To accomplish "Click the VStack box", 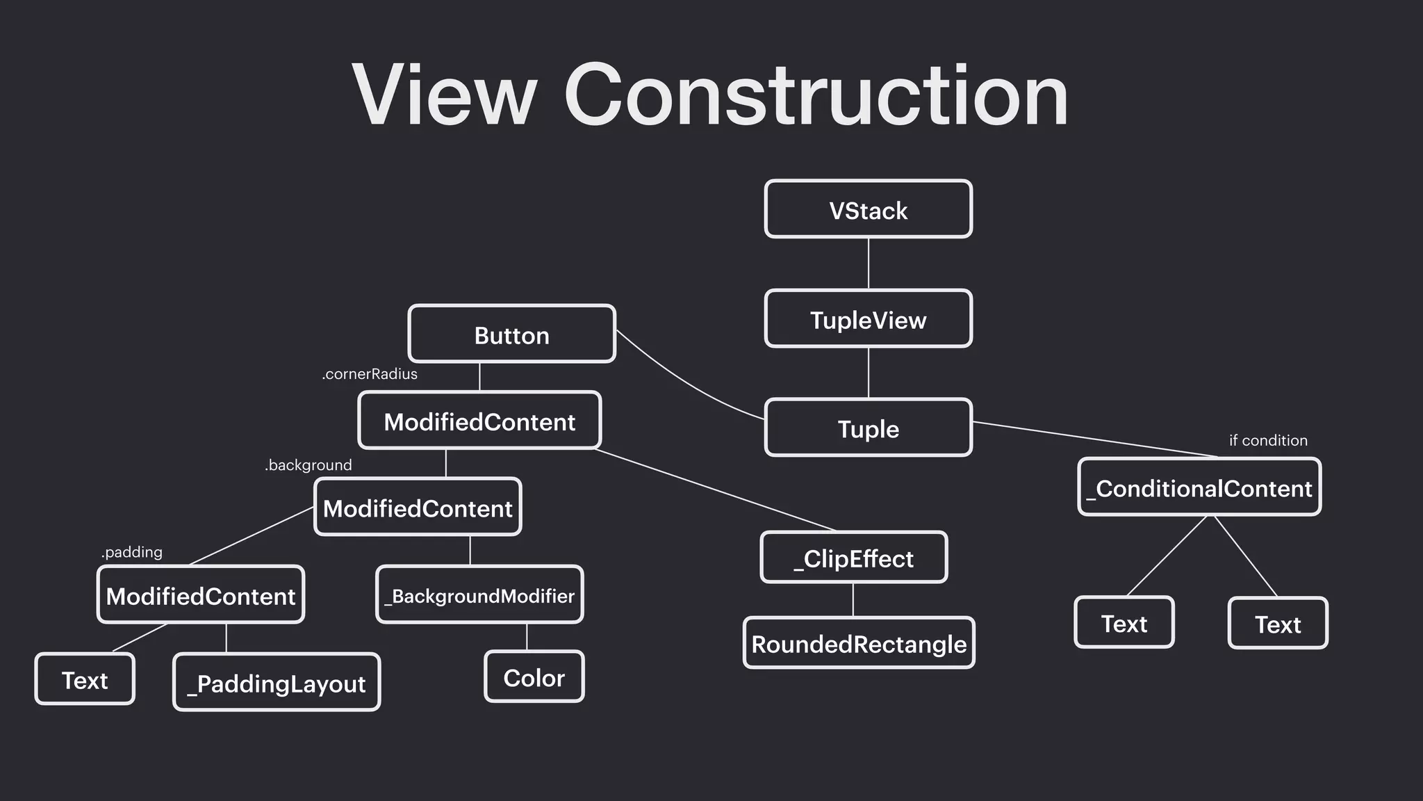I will point(868,209).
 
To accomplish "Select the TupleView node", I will point(868,319).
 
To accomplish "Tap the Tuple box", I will point(868,428).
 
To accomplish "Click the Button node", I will point(511,334).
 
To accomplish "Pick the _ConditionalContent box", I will point(1199,487).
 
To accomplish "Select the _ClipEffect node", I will point(853,558).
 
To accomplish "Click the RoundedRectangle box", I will point(859,643).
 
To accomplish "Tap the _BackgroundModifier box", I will point(479,595).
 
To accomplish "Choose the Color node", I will point(534,677).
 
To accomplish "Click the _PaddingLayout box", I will point(277,683).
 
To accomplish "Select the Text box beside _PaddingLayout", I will point(85,679).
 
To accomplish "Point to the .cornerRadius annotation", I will point(370,374).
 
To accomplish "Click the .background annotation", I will point(309,465).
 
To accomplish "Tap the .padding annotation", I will point(132,552).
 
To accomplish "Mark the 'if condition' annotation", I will point(1268,440).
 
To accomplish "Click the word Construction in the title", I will point(816,95).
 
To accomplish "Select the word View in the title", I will point(445,95).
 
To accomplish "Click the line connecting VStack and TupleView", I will point(869,264).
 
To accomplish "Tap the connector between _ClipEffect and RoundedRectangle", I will point(853,600).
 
